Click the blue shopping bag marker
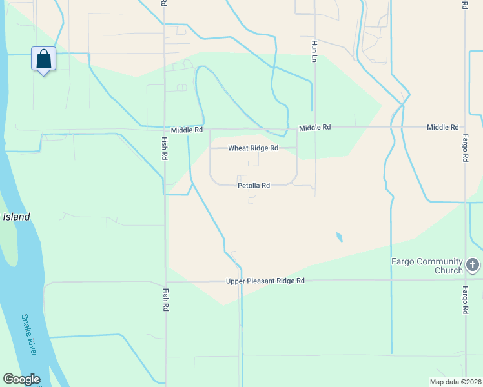click(43, 59)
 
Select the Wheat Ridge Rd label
click(253, 148)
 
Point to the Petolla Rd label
click(253, 185)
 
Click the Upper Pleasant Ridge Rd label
click(265, 281)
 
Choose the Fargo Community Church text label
click(427, 266)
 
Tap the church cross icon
click(473, 264)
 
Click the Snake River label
click(29, 335)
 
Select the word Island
click(16, 217)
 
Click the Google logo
click(21, 379)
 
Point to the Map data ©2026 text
click(455, 382)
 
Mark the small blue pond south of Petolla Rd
click(339, 237)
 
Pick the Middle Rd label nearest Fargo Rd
click(442, 128)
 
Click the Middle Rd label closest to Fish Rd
click(187, 130)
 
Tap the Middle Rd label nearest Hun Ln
click(314, 128)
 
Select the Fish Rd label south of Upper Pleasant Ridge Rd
click(166, 300)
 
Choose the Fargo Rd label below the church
click(465, 301)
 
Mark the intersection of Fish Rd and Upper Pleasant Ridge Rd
click(166, 281)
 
